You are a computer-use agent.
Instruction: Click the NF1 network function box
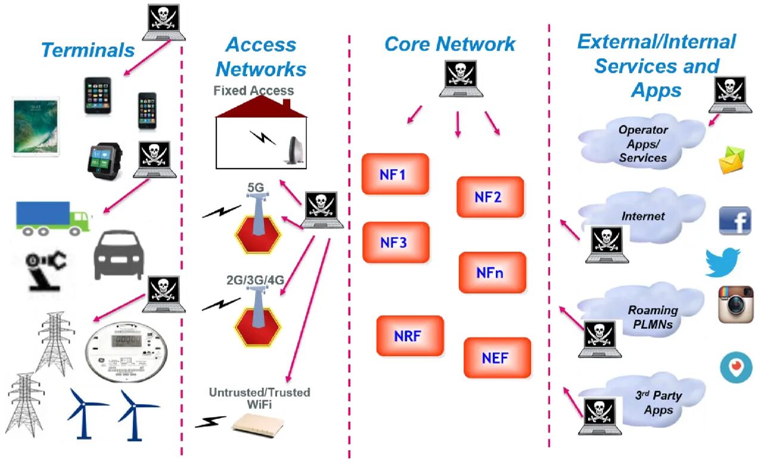tap(395, 174)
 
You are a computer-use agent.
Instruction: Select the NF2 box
tap(490, 197)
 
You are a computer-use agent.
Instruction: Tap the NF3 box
tap(396, 242)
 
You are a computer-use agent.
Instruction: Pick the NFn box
tap(492, 272)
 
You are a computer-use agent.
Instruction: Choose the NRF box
tap(410, 336)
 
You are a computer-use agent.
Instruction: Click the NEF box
tap(497, 357)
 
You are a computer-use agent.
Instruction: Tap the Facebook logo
tap(735, 221)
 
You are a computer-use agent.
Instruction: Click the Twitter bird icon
tap(723, 262)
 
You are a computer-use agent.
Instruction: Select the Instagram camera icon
tap(735, 304)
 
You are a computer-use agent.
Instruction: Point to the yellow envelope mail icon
tap(731, 160)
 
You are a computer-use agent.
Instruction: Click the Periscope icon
tap(736, 367)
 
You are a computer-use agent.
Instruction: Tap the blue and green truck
tap(53, 218)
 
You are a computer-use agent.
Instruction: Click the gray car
tap(119, 255)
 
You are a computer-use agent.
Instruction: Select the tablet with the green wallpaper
tap(36, 127)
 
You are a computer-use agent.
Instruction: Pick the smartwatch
tap(105, 161)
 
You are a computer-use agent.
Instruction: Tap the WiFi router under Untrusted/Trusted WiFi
tap(258, 425)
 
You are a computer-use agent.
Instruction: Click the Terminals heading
tap(88, 50)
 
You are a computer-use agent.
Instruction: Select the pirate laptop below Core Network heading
tap(461, 79)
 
